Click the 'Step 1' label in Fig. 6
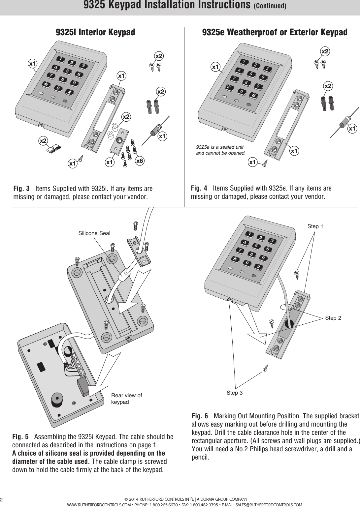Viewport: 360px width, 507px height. [x=315, y=226]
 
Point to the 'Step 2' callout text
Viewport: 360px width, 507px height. [x=333, y=318]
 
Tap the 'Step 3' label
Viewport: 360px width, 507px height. [x=234, y=393]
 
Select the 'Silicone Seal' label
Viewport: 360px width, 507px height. [x=94, y=233]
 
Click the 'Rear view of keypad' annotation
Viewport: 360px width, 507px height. [x=126, y=399]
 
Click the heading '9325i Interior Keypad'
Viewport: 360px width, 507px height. [x=95, y=32]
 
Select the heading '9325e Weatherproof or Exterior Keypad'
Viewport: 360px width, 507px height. [x=275, y=32]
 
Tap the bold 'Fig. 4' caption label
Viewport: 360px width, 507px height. [x=199, y=189]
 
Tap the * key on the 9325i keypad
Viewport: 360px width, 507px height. [x=44, y=84]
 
